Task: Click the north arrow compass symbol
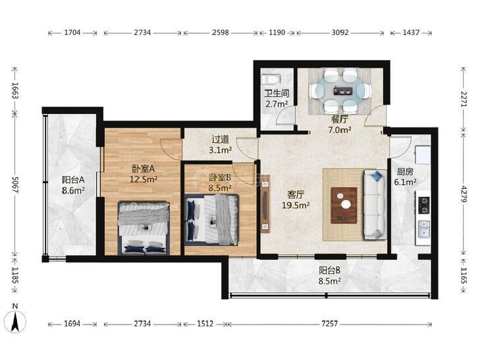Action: click(16, 321)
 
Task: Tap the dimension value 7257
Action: click(329, 324)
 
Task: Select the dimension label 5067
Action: click(15, 184)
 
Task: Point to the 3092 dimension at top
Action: click(340, 32)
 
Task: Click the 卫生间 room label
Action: click(277, 93)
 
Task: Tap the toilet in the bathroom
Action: click(271, 80)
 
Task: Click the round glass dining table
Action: click(340, 91)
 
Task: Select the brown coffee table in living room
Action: click(344, 205)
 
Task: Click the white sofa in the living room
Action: click(375, 205)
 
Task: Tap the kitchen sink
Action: click(423, 229)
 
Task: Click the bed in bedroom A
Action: click(144, 228)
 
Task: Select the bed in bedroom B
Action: click(211, 220)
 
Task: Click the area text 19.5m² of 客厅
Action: click(296, 205)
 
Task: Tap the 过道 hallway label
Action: click(221, 140)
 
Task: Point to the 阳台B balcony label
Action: click(329, 270)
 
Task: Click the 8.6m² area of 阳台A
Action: click(74, 191)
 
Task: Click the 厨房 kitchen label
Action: click(405, 172)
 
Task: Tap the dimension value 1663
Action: click(15, 90)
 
